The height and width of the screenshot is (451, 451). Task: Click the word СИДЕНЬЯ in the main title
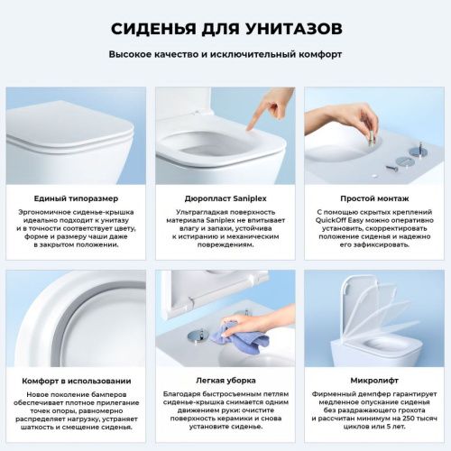click(151, 28)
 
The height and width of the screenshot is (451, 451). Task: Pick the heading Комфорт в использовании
click(75, 381)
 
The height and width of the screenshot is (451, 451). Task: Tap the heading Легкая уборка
click(225, 381)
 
